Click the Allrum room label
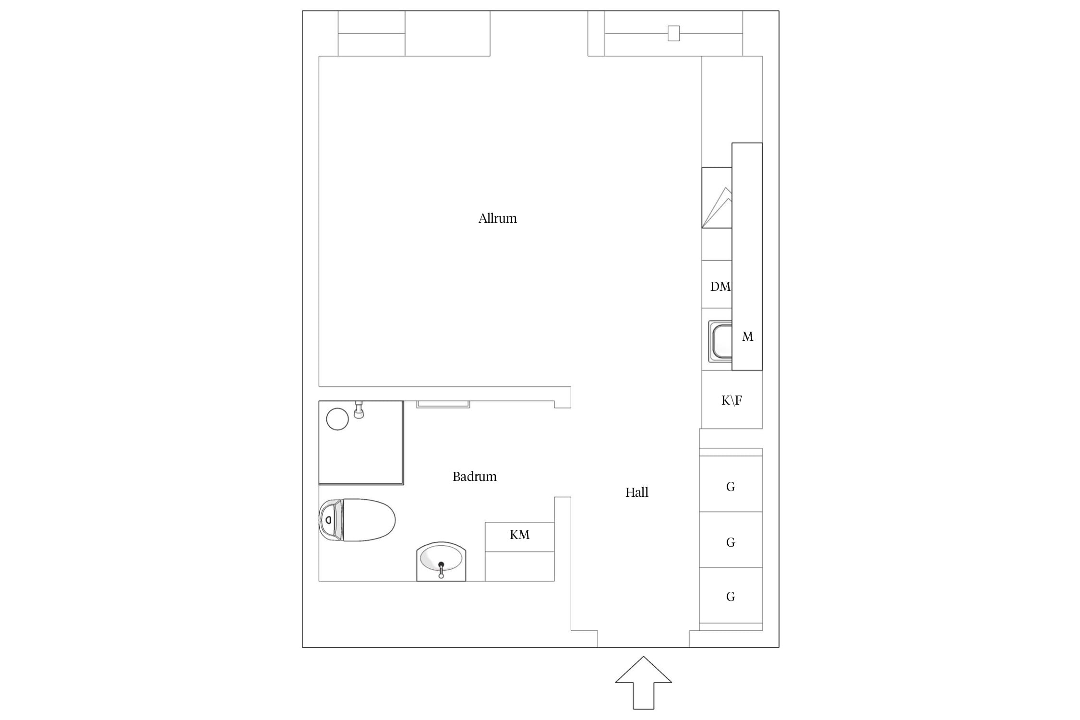(x=497, y=218)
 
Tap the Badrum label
(x=474, y=477)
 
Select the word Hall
(x=636, y=492)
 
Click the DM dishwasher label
(x=720, y=287)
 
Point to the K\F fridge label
(x=732, y=400)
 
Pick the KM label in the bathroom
(x=519, y=535)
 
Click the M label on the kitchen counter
(x=747, y=336)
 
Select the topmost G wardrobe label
(x=731, y=487)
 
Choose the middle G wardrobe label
(x=731, y=542)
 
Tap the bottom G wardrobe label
(x=731, y=597)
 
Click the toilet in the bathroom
(x=357, y=520)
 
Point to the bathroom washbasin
(x=441, y=562)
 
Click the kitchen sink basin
(x=721, y=342)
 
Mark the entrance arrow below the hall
(x=643, y=683)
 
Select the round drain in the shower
(x=337, y=419)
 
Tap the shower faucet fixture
(x=359, y=410)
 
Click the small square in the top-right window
(x=674, y=34)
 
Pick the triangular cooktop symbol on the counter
(x=718, y=207)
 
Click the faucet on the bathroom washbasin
(x=441, y=570)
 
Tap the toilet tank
(x=330, y=520)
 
